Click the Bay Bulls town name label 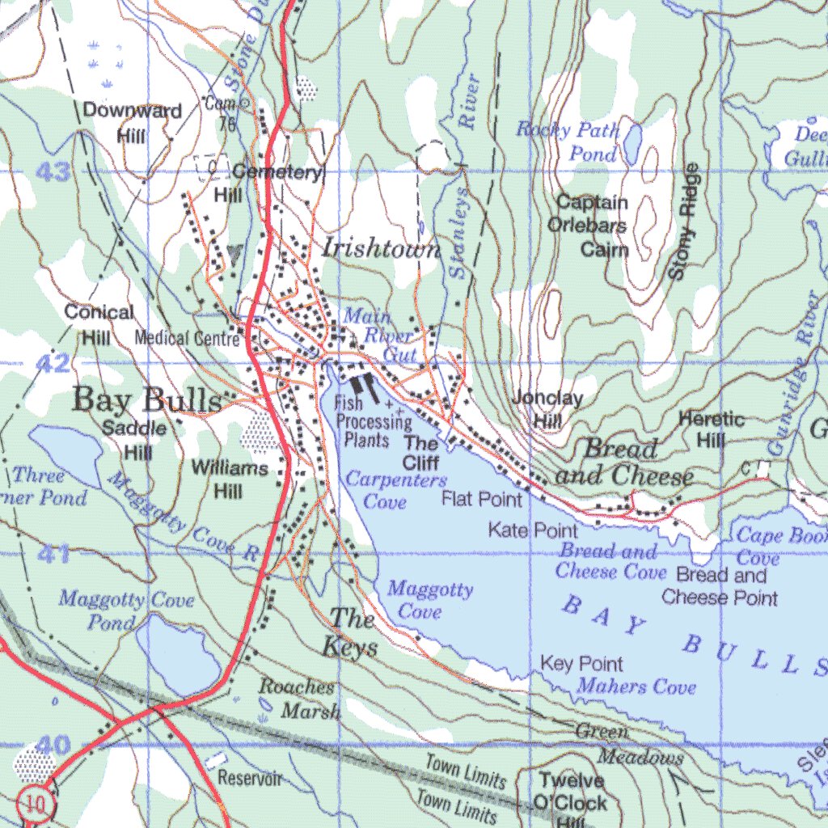pos(146,399)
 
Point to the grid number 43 pos(53,172)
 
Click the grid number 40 pos(53,745)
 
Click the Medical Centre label pos(187,338)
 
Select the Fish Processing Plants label pos(372,421)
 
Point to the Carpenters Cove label pos(386,490)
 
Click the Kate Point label pos(532,530)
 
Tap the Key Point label pos(581,664)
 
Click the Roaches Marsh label pos(298,699)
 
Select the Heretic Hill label pos(711,429)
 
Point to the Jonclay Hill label pos(547,408)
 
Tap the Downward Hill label pos(132,122)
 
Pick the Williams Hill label pos(230,479)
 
